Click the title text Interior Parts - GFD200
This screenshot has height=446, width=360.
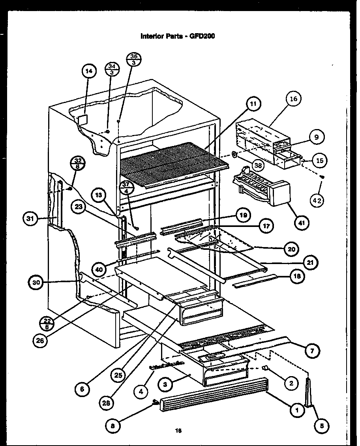point(178,36)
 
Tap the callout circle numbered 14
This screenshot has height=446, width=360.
point(89,71)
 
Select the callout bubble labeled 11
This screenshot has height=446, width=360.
point(253,104)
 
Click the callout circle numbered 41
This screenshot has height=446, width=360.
point(302,223)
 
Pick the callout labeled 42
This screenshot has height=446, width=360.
point(317,201)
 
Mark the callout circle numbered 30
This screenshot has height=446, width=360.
point(37,282)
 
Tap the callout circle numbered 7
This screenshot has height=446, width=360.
point(312,350)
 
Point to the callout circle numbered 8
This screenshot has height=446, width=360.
point(113,425)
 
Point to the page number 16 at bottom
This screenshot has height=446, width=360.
point(178,431)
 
